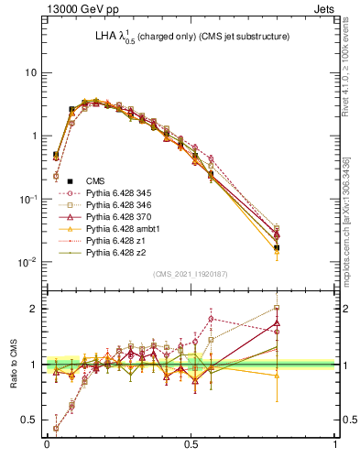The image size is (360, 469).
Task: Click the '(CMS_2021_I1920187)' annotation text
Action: (190, 273)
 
